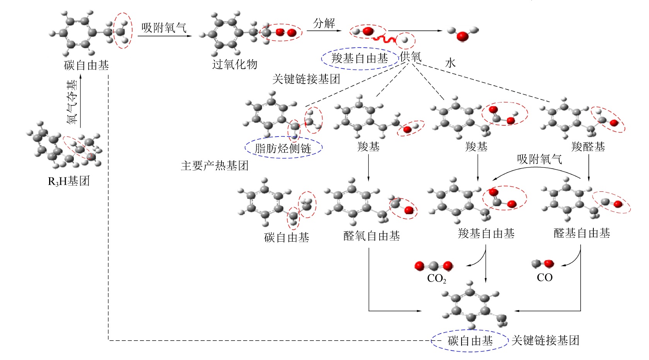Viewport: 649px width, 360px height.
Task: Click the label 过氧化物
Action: (235, 64)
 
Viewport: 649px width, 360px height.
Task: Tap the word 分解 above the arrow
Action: (324, 23)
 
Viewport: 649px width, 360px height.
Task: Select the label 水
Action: (450, 63)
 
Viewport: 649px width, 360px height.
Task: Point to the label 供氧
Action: (411, 57)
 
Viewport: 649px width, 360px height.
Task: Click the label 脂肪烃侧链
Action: (283, 148)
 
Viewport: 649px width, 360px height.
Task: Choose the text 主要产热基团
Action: (215, 166)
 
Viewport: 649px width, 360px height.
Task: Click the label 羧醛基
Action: (588, 147)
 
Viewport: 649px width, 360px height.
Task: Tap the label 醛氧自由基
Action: (371, 236)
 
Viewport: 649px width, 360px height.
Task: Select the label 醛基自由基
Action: (582, 233)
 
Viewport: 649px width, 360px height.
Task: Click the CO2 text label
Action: (436, 278)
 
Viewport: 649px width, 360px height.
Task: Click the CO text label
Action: (545, 278)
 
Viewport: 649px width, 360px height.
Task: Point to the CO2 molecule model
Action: (434, 266)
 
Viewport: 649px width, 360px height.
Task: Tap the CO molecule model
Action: (543, 264)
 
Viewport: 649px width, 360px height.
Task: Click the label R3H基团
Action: (68, 181)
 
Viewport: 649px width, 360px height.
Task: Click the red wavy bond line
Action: (384, 39)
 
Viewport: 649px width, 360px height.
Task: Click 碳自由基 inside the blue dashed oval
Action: (470, 341)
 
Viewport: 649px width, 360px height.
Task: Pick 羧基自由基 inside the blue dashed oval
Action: (359, 58)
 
